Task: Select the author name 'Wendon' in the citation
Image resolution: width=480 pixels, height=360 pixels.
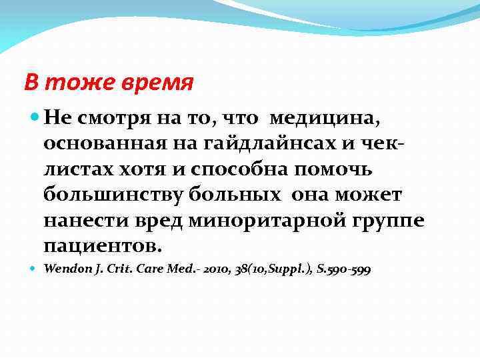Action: tap(67, 269)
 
